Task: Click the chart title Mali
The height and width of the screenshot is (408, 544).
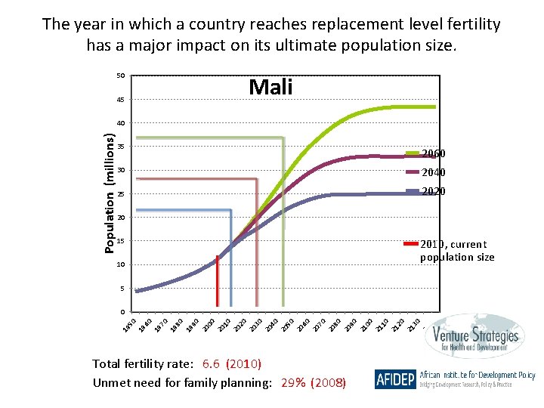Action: click(270, 88)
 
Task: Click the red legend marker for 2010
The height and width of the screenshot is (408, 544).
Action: click(411, 244)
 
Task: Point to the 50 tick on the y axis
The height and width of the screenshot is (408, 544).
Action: click(121, 76)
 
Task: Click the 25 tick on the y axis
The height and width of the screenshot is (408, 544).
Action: click(121, 194)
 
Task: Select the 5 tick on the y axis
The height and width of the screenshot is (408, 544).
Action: click(122, 289)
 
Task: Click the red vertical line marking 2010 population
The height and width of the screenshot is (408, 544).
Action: click(217, 283)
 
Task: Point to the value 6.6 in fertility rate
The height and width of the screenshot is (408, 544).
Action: click(212, 364)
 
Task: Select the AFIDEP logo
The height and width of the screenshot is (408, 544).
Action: click(394, 379)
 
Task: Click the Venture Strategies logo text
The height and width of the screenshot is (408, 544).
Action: click(476, 338)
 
